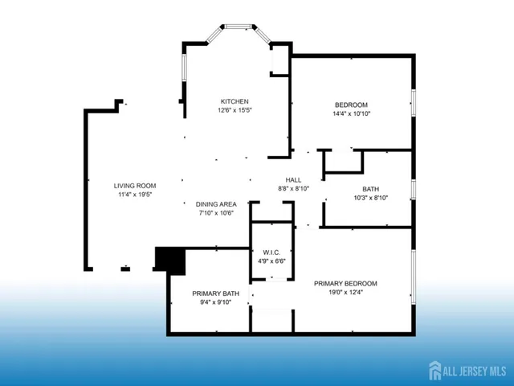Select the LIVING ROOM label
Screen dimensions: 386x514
tap(135, 186)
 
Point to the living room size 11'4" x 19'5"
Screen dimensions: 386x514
tap(135, 195)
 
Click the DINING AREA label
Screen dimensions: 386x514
tap(216, 204)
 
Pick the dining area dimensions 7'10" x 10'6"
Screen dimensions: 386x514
tap(216, 214)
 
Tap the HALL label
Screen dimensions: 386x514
tap(293, 179)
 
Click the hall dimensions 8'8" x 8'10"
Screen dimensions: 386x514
tap(293, 188)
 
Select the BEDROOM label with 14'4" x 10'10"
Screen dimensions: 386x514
tap(351, 105)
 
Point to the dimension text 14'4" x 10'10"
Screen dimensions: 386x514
tap(351, 114)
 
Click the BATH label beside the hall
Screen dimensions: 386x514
tap(371, 188)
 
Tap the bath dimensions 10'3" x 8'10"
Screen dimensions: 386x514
tap(371, 198)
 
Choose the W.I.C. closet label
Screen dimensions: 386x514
tap(270, 252)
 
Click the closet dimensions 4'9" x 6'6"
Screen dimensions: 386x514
tap(270, 261)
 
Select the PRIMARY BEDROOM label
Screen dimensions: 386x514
tap(345, 283)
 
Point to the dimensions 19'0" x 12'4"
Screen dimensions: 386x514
tap(345, 293)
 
